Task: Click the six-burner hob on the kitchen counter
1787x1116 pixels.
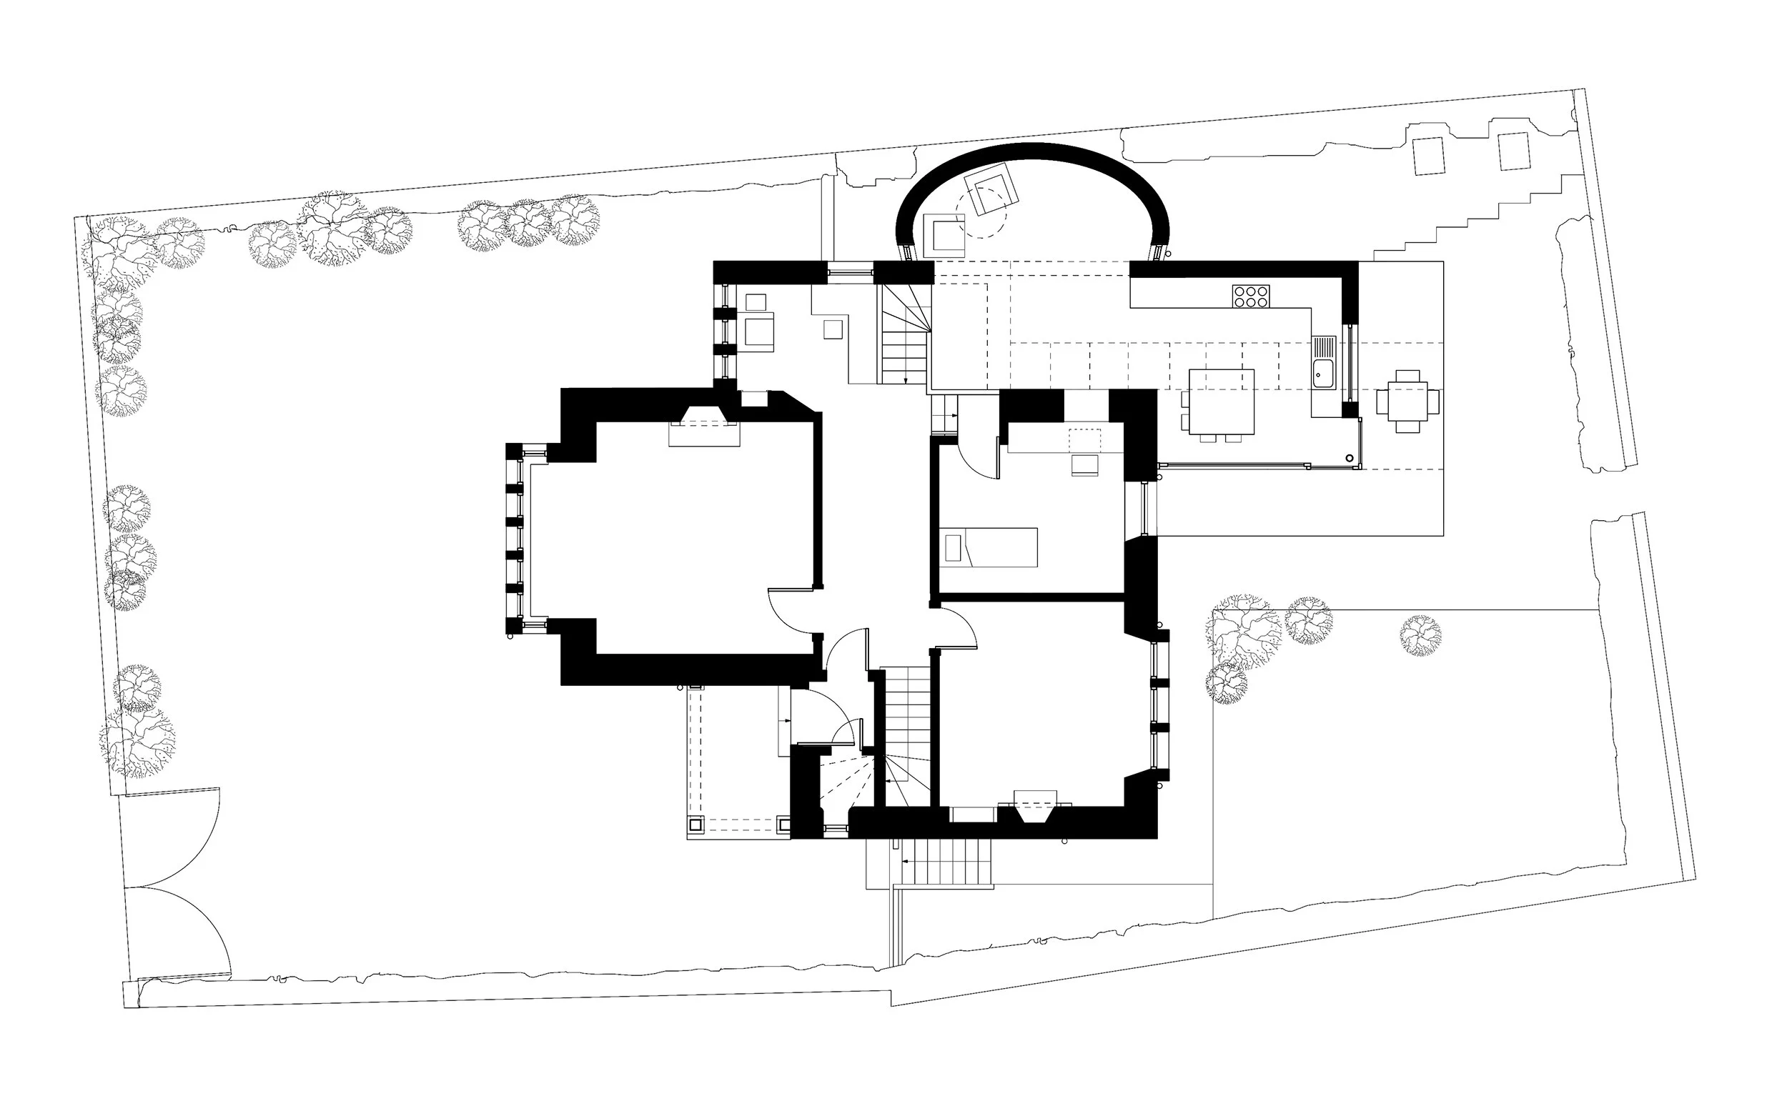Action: point(1251,296)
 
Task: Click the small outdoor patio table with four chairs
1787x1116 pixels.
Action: point(1407,401)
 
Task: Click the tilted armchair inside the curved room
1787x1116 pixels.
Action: point(994,191)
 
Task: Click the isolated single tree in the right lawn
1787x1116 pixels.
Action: point(1420,635)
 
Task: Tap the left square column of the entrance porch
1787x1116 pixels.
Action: point(696,824)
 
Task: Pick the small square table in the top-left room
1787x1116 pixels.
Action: point(832,329)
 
